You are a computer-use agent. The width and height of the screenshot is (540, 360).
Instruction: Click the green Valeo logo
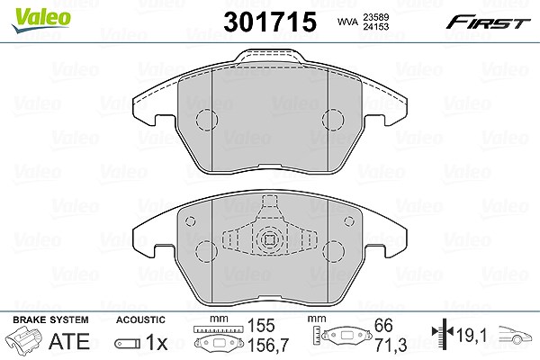pos(41,21)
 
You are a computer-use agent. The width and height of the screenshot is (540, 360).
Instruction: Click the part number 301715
pos(270,22)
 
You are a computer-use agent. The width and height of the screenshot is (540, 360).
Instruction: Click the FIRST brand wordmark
pos(488,22)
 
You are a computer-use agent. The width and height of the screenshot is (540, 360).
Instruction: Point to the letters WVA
pos(347,22)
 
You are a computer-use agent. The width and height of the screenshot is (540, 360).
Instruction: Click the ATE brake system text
pos(69,341)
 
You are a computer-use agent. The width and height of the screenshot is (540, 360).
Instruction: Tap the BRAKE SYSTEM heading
pos(50,319)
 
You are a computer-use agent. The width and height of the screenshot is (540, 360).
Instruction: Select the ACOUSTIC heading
pos(140,319)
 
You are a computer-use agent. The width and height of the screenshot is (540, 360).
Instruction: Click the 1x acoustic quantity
pos(157,342)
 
